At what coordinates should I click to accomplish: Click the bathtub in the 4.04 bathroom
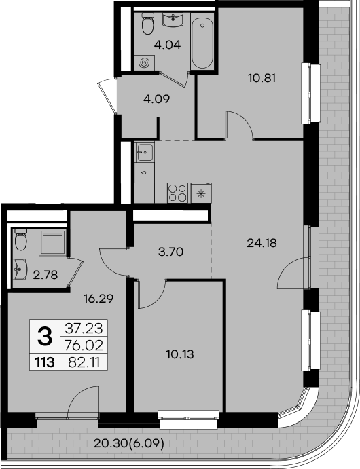(202, 43)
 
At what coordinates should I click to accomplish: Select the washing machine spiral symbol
(145, 62)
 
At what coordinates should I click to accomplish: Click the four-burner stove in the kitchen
(177, 193)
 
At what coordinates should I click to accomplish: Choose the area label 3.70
(170, 252)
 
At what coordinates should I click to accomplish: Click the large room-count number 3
(45, 335)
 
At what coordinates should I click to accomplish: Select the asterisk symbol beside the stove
(200, 193)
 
